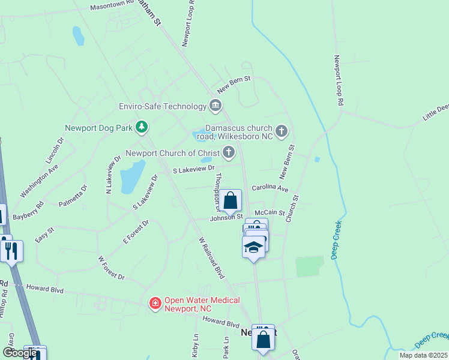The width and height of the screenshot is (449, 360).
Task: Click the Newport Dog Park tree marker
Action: coord(142,127)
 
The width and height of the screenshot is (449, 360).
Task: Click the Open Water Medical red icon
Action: coord(155,304)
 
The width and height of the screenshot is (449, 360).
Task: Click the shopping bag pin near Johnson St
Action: coord(230,201)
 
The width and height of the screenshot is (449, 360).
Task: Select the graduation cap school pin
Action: coord(253,247)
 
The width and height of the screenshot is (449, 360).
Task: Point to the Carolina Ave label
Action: coord(270,188)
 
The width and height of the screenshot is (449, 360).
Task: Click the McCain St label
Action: coord(269,212)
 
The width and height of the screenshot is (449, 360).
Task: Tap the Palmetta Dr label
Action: coord(73,196)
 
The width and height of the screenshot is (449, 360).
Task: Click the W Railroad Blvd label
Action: coord(211,257)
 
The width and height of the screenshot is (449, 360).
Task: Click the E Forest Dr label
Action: coord(136,232)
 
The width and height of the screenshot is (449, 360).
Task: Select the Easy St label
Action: coord(44,234)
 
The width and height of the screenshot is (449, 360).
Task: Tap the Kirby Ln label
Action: coord(195,346)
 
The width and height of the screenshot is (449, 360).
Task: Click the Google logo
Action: coord(19,353)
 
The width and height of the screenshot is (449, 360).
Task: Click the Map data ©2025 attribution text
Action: coord(423,355)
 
